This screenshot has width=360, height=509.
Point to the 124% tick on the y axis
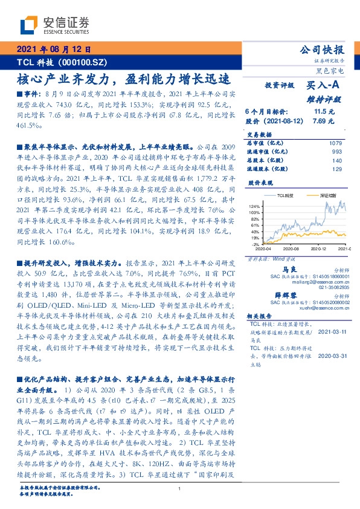pyautogui.click(x=252, y=207)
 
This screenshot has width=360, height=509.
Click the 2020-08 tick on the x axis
pyautogui.click(x=291, y=248)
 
